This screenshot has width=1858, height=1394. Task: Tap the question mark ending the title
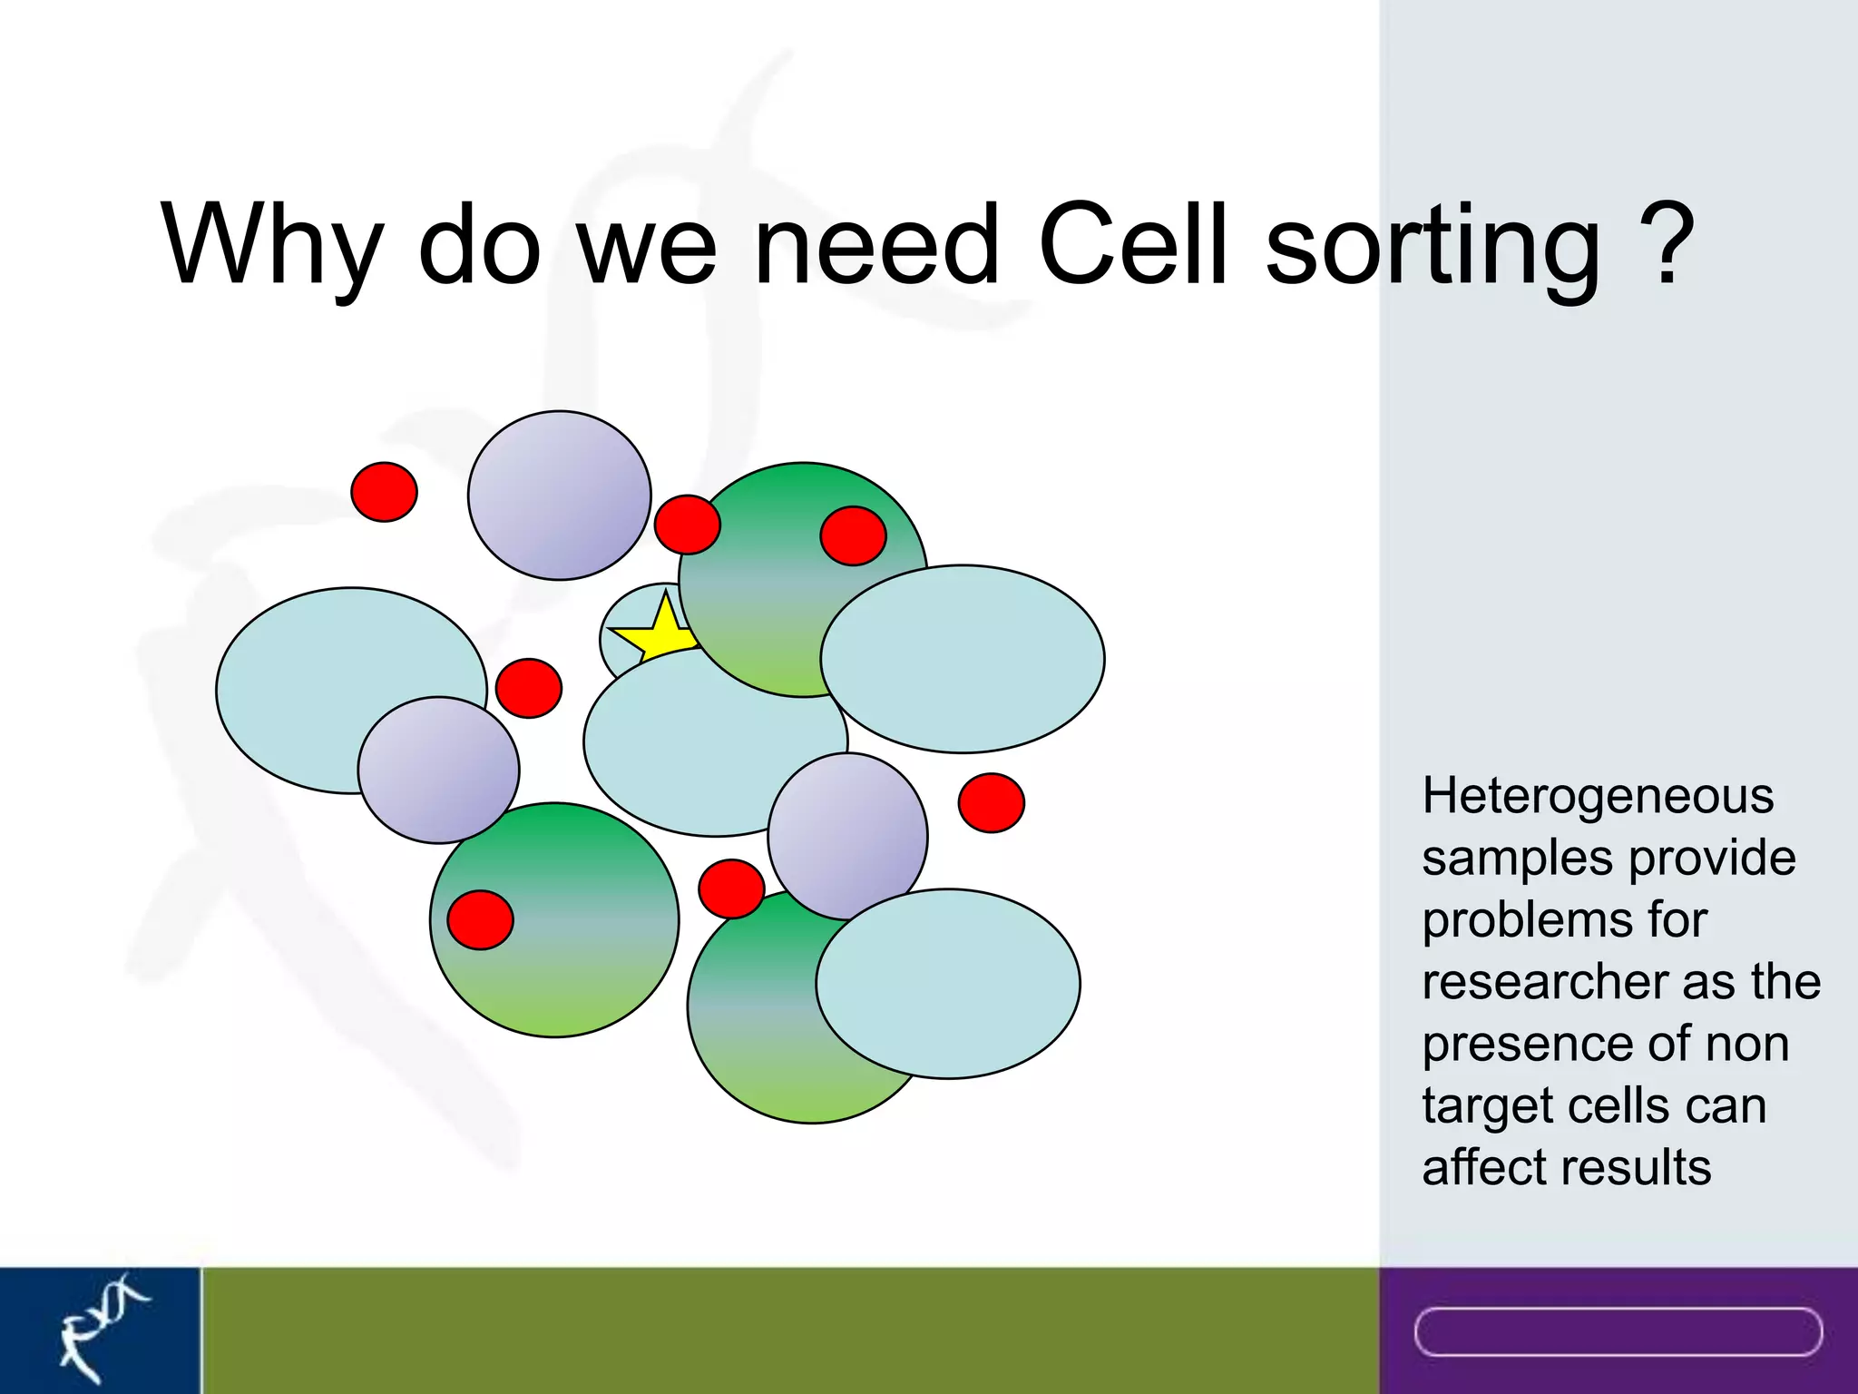click(x=1667, y=243)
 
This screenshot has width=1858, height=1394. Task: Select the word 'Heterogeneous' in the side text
click(x=1598, y=797)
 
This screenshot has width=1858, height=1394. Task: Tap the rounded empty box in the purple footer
click(x=1618, y=1331)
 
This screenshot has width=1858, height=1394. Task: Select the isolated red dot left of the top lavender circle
click(x=385, y=492)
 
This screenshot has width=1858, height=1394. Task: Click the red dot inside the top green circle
click(x=853, y=535)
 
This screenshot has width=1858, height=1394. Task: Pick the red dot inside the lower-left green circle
click(x=481, y=919)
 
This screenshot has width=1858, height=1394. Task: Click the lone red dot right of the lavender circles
click(x=991, y=802)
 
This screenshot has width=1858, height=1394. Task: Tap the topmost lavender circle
click(x=559, y=496)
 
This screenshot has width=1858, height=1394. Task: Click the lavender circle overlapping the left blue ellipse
click(x=438, y=770)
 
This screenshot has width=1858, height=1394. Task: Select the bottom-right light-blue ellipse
click(x=948, y=984)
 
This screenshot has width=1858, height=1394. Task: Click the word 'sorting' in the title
click(x=1433, y=245)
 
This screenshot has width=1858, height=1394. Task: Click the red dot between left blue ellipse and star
click(x=529, y=688)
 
